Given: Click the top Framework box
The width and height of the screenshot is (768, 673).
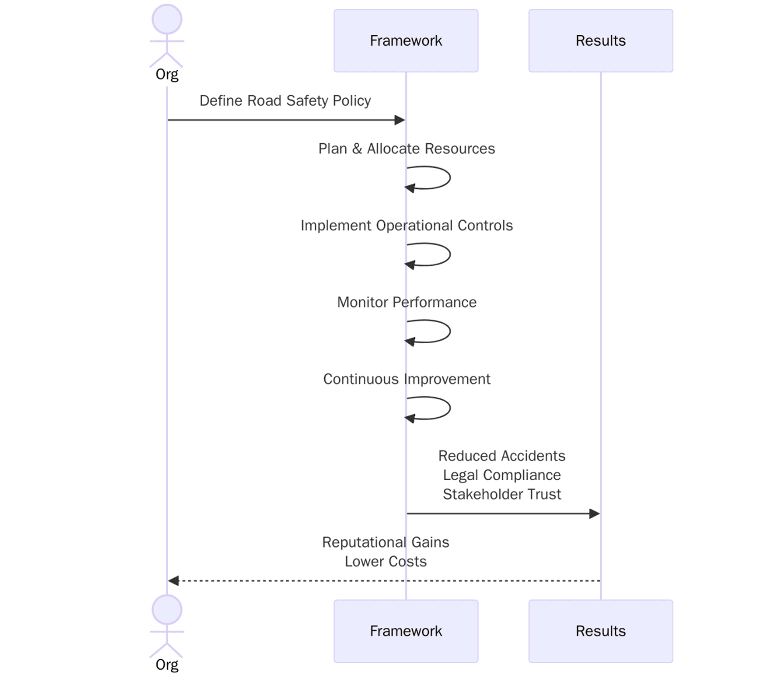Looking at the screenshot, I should [x=405, y=41].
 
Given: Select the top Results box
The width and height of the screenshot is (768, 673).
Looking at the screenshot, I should [x=600, y=41].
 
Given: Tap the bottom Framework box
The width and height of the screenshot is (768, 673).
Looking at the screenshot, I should [x=405, y=631].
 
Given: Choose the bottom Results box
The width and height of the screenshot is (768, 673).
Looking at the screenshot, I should [x=600, y=631].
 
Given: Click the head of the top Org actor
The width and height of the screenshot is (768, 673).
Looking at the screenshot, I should [x=167, y=19].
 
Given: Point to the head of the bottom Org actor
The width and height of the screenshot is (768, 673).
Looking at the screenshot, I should [x=167, y=609].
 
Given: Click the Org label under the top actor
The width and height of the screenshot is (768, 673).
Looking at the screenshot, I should [x=167, y=75].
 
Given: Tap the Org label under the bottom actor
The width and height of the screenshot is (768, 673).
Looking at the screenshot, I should [x=167, y=665].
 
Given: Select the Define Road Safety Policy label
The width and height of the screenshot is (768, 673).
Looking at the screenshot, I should [x=285, y=101].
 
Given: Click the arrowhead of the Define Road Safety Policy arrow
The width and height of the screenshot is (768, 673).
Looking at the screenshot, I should [x=399, y=120].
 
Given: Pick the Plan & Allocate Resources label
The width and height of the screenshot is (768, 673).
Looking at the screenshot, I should [x=407, y=149].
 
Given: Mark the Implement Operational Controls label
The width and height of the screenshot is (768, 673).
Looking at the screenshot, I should [x=407, y=226].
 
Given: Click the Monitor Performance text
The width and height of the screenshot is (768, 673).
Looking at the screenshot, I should [x=407, y=303].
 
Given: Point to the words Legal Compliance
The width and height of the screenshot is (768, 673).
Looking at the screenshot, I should [x=502, y=475].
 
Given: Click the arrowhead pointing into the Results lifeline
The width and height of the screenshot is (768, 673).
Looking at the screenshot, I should [x=594, y=513].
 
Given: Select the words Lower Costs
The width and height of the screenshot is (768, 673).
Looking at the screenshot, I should [x=385, y=562].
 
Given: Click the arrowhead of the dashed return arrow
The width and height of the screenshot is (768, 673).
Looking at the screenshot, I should [x=173, y=581].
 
